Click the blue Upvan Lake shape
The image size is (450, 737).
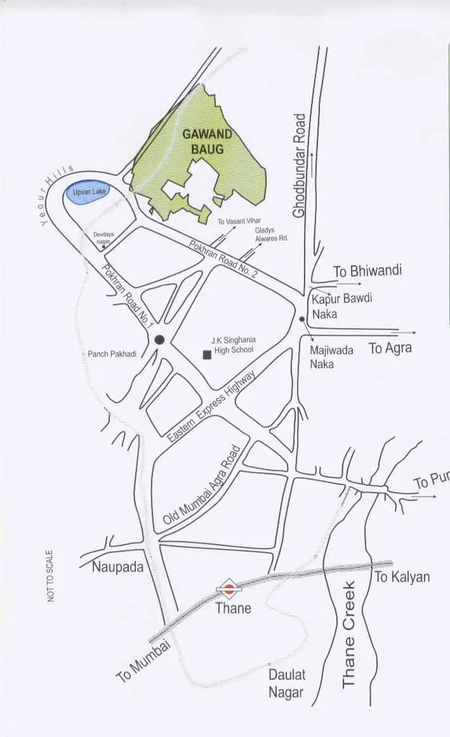88,193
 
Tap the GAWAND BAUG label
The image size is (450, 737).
208,142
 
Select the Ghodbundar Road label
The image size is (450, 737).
300,166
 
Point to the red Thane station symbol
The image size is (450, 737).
229,588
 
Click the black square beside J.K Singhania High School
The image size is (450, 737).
207,355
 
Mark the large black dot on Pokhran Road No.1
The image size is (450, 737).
159,340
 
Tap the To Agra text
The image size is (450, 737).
390,348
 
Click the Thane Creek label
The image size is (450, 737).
349,634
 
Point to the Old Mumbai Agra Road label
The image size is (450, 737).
202,485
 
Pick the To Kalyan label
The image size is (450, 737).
402,577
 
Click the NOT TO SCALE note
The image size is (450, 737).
50,576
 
